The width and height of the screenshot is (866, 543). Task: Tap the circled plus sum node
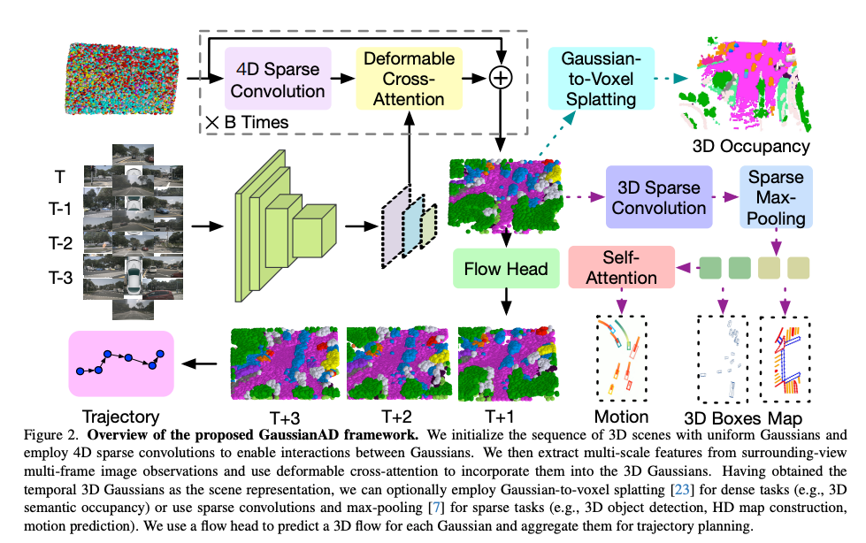coord(502,78)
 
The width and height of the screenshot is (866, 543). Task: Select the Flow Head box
coord(500,268)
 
